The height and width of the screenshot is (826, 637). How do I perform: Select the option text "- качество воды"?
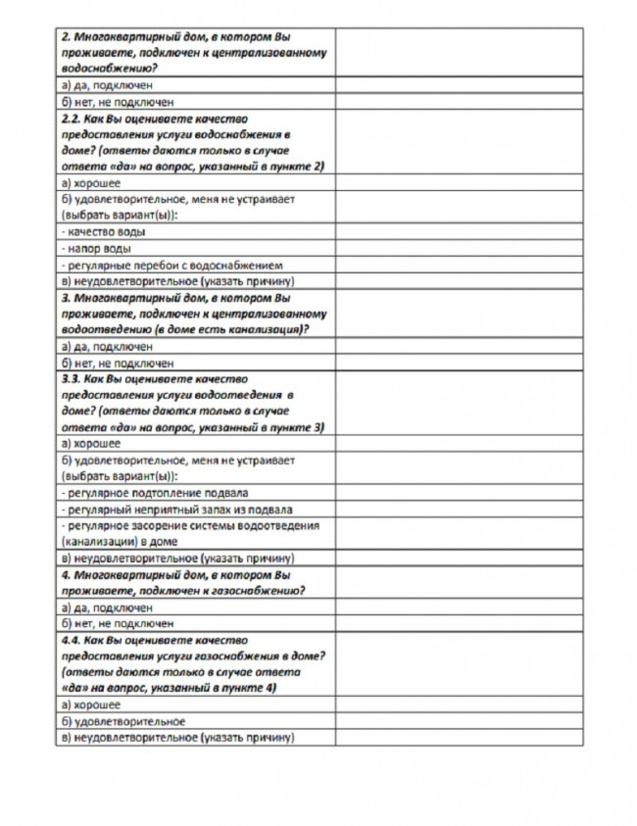pyautogui.click(x=104, y=231)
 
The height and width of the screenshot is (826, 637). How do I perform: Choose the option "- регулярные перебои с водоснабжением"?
pyautogui.click(x=171, y=265)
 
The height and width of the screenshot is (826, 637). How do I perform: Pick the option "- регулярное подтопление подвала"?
pyautogui.click(x=154, y=493)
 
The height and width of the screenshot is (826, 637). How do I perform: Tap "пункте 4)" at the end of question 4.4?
pyautogui.click(x=251, y=689)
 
